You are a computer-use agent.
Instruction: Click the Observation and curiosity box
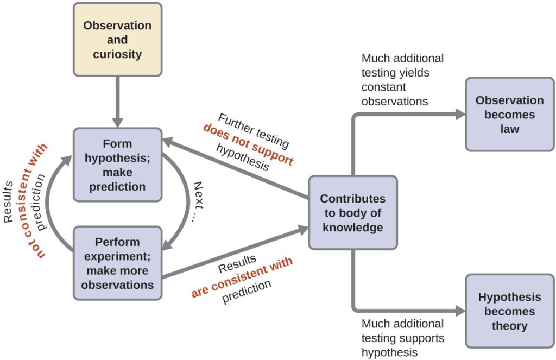[117, 40]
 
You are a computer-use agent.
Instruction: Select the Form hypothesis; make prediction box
[117, 165]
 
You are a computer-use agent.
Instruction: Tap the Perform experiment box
[117, 263]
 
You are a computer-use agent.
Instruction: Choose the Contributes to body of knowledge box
[353, 213]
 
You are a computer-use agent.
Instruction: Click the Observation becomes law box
[510, 114]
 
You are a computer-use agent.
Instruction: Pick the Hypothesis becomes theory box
[510, 311]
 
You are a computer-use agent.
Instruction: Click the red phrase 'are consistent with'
[242, 277]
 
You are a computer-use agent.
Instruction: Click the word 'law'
[510, 129]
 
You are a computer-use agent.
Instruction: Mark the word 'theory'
[510, 326]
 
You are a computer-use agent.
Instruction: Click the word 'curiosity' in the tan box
[117, 54]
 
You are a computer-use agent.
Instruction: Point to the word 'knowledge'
[353, 228]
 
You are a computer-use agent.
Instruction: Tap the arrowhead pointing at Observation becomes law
[460, 114]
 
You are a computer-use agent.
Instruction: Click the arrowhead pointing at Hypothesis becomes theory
[460, 311]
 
